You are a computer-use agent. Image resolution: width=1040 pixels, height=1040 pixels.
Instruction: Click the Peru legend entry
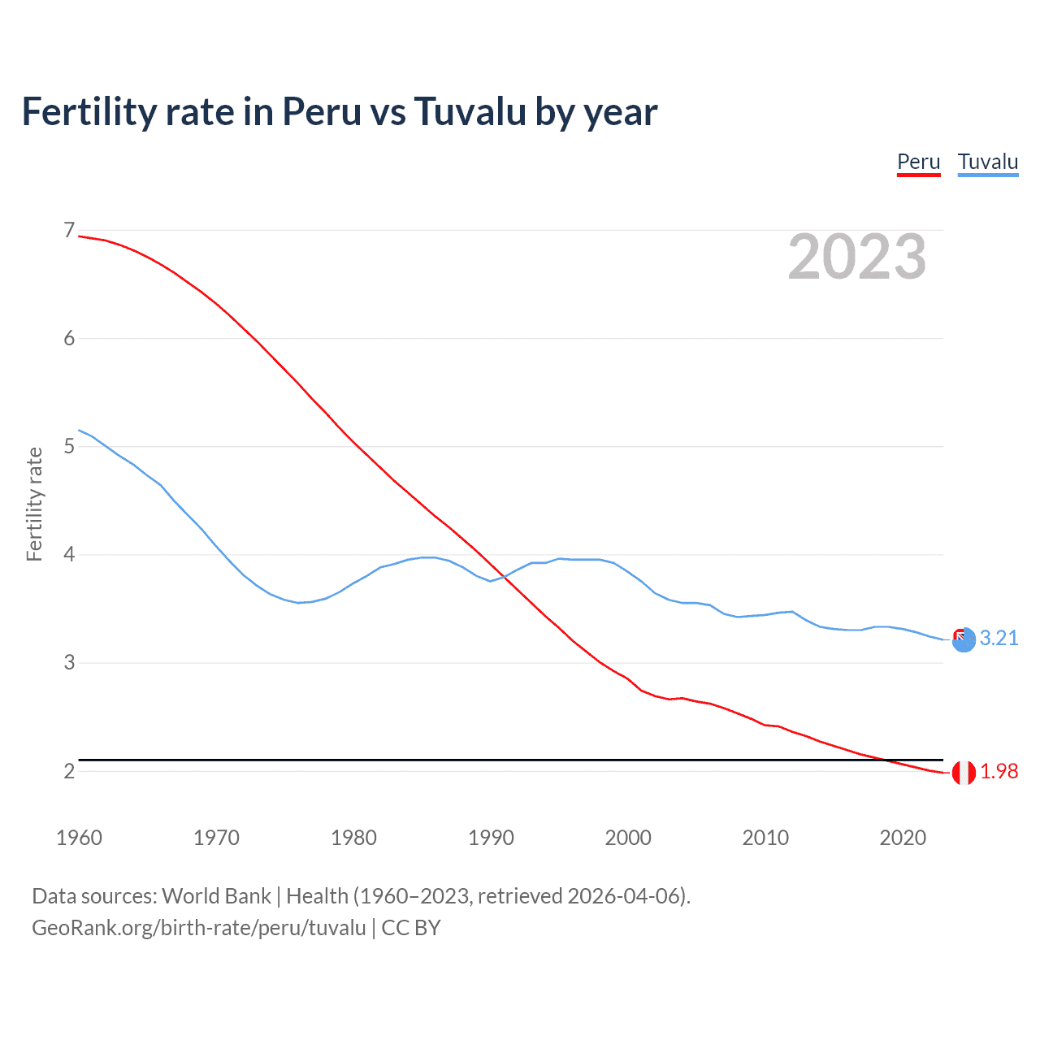tap(918, 162)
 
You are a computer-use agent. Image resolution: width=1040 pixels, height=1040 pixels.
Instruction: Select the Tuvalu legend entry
tap(987, 162)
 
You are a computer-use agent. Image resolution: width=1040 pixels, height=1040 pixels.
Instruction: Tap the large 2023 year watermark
tap(856, 257)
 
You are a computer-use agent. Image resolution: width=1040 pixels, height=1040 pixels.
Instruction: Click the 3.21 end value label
tap(999, 638)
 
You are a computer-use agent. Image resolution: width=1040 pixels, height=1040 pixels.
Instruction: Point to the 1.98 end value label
tap(999, 771)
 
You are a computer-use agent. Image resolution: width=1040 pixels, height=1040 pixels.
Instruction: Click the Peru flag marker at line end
tap(964, 773)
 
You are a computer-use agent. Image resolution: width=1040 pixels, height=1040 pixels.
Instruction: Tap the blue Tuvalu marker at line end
tap(964, 640)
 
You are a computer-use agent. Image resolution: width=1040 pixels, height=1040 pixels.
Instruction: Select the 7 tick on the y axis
tap(69, 231)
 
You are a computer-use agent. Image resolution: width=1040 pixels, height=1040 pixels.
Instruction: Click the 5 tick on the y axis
tap(69, 446)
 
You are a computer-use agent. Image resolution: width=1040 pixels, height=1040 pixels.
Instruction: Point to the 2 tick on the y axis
tap(69, 771)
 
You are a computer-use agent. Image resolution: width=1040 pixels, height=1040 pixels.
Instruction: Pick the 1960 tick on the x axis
tap(79, 838)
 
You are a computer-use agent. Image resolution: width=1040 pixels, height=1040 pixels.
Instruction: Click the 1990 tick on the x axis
tap(491, 838)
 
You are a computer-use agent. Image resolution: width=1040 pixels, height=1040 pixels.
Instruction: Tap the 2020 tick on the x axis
tap(903, 838)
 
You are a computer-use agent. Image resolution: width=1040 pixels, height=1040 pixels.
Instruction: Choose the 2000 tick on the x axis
tap(628, 838)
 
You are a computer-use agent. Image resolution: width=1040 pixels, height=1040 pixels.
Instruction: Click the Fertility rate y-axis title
tap(34, 504)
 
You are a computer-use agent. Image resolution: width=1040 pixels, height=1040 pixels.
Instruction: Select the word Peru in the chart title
tap(321, 111)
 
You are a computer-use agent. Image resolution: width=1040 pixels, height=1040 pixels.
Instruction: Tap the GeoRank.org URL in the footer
tap(199, 928)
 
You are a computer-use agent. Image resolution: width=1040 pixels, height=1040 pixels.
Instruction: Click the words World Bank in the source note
tap(216, 896)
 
